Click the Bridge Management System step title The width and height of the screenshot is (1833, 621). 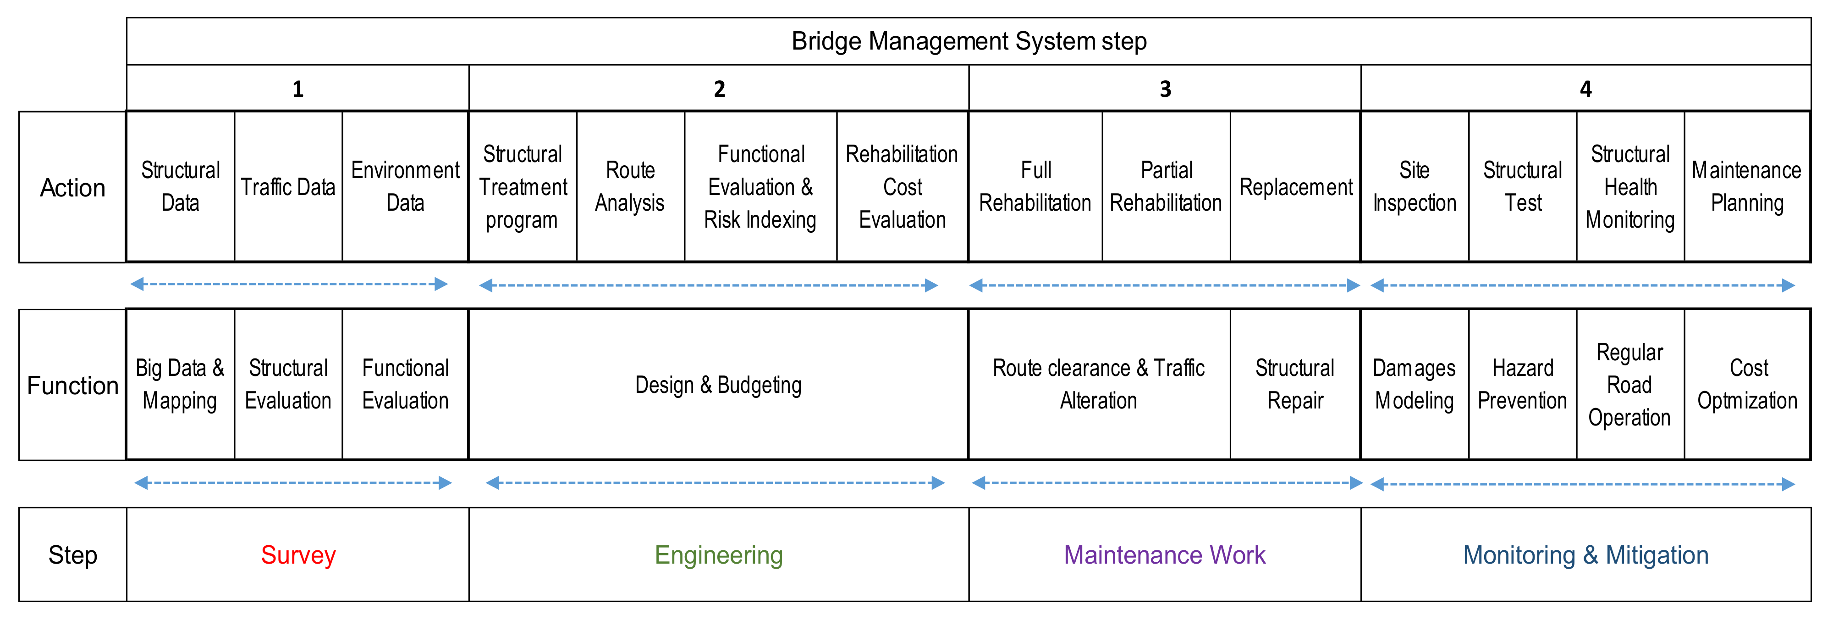click(969, 41)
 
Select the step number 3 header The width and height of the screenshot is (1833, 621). click(1165, 89)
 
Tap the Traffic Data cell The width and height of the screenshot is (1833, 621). click(288, 187)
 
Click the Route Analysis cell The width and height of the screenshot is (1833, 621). click(630, 187)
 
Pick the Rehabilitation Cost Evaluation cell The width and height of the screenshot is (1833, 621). click(902, 187)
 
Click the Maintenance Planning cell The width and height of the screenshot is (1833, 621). click(1746, 187)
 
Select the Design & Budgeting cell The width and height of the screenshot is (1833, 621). click(718, 385)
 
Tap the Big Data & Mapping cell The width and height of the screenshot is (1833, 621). click(180, 385)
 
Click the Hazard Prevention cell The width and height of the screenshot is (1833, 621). click(1522, 385)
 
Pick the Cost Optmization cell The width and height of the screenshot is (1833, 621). click(1747, 385)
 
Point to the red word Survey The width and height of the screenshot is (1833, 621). click(298, 555)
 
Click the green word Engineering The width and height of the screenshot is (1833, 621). click(719, 555)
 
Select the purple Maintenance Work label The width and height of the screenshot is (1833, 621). click(1164, 555)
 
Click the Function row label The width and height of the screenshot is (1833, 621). click(72, 385)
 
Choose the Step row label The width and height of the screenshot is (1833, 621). click(72, 555)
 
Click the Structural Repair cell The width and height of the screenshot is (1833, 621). click(1294, 385)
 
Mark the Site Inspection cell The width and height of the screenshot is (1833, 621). click(1414, 187)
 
